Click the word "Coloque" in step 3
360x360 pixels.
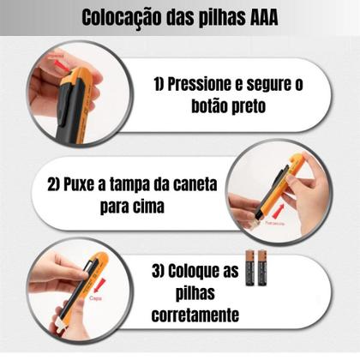209,272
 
